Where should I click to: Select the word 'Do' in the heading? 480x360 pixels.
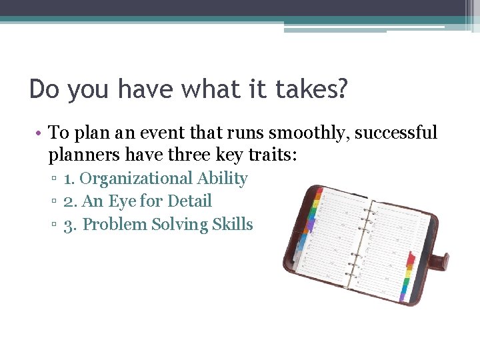pos(44,89)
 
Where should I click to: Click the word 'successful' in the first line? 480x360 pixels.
pos(396,133)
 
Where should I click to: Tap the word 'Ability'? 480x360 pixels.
pos(222,179)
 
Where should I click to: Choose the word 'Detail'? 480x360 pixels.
pos(189,201)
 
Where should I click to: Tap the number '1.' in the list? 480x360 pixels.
pos(69,179)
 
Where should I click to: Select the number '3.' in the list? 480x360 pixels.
pos(70,225)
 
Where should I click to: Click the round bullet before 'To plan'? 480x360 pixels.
pos(40,133)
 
